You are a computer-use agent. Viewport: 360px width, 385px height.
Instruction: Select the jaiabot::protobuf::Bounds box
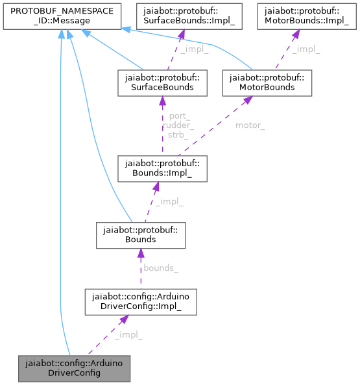pos(141,234)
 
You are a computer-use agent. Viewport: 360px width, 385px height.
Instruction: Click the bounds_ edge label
pos(161,267)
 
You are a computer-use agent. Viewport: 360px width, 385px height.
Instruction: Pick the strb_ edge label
pos(178,134)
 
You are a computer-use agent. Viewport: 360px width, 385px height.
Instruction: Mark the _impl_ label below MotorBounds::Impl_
pos(306,50)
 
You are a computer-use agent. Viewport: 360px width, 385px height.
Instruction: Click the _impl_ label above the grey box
pos(128,334)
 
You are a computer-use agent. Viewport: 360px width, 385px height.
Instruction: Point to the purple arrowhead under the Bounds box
pos(140,253)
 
